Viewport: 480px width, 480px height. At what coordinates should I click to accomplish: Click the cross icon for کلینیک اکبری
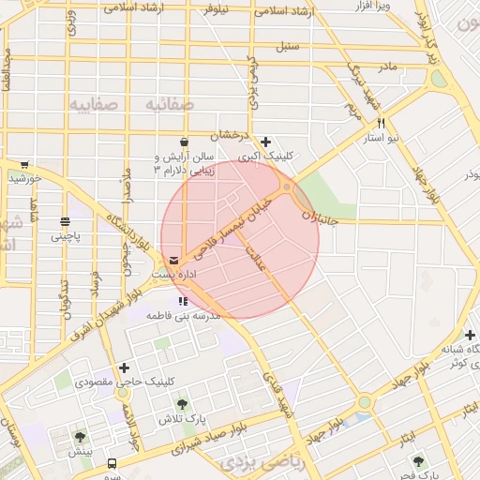[266, 142]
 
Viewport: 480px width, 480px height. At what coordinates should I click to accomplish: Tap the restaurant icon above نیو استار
[381, 123]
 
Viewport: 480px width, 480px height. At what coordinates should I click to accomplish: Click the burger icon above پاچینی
[65, 222]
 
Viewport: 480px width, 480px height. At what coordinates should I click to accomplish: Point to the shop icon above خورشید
[24, 164]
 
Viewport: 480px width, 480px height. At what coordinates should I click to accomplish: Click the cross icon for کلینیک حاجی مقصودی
[125, 367]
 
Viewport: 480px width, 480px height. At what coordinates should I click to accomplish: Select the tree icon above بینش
[80, 437]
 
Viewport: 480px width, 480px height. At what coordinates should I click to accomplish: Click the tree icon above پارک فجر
[418, 461]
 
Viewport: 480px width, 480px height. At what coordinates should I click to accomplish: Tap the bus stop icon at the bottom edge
[112, 463]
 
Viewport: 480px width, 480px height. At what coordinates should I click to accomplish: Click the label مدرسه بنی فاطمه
[186, 317]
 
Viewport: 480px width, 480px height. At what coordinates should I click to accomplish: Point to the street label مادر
[387, 67]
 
